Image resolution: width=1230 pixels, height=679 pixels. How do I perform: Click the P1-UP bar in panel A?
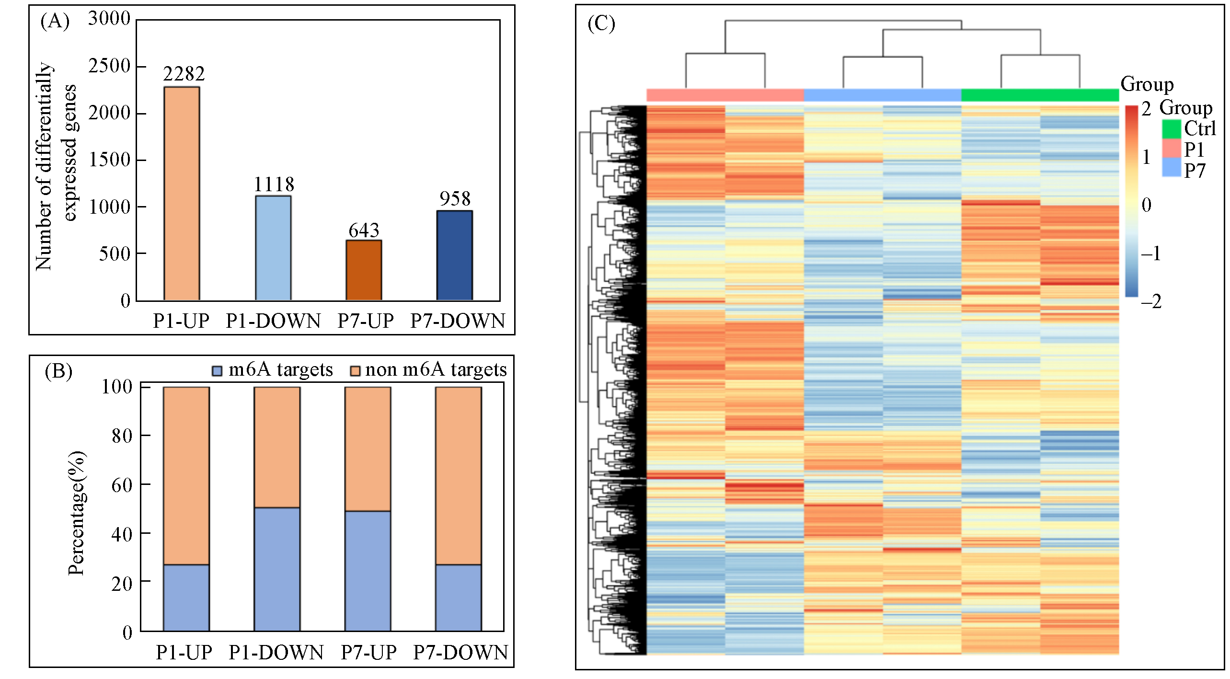(x=182, y=194)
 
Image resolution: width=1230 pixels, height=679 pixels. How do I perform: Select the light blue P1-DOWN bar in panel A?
(x=273, y=248)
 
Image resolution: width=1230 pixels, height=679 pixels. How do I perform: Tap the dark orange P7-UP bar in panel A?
(x=364, y=270)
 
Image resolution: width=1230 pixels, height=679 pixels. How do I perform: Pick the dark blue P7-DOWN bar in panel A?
(x=455, y=255)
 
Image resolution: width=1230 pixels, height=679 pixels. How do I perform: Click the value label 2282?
(x=184, y=74)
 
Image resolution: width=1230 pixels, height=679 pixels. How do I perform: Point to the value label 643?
(x=364, y=230)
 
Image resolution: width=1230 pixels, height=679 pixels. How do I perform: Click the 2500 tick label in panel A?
(x=109, y=66)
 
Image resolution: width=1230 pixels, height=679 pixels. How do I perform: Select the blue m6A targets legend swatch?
(x=217, y=370)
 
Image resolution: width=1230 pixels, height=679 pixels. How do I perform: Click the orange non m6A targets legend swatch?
(x=355, y=370)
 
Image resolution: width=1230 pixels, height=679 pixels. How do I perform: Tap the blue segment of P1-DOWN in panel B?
(x=277, y=569)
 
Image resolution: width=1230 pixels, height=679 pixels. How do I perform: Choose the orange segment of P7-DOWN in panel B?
(x=459, y=475)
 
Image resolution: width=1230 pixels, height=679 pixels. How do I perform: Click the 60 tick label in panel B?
(x=122, y=485)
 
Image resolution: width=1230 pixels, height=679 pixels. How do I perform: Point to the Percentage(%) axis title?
(x=77, y=513)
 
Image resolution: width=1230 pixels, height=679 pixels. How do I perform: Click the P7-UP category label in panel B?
(x=368, y=652)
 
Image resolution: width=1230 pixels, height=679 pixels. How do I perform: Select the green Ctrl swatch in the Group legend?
(x=1171, y=129)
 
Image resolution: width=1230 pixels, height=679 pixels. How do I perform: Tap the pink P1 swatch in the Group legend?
(x=1171, y=149)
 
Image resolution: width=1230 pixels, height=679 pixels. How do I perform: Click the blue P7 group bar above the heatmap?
(x=882, y=95)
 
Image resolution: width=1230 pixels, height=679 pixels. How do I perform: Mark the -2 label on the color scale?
(x=1151, y=301)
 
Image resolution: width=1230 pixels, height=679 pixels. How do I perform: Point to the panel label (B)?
(x=58, y=371)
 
